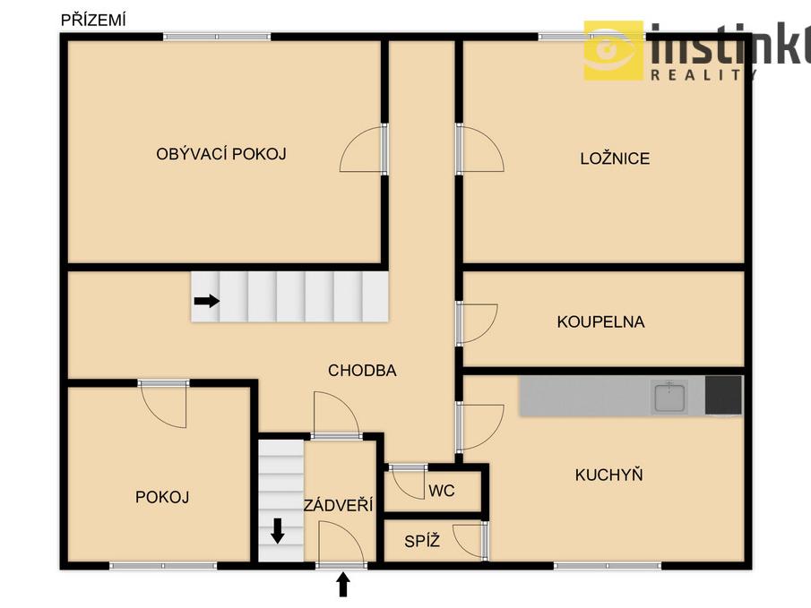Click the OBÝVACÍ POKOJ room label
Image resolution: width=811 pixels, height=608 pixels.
click(x=221, y=153)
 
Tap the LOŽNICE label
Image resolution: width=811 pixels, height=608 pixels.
click(x=615, y=158)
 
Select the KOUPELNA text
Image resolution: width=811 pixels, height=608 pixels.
click(x=601, y=321)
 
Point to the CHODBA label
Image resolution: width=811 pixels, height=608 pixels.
click(x=362, y=370)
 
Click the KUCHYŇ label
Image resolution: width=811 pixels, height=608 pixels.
click(x=608, y=475)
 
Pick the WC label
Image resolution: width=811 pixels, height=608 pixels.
click(x=441, y=490)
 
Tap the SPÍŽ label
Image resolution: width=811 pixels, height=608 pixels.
click(x=422, y=541)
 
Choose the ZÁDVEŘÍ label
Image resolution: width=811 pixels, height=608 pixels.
click(x=338, y=505)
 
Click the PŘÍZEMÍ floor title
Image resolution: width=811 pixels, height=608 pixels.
click(x=93, y=20)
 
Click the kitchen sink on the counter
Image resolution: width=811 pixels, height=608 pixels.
click(x=669, y=397)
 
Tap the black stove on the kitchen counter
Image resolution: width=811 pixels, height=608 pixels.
click(x=723, y=395)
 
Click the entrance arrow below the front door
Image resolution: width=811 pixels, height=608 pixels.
click(x=343, y=584)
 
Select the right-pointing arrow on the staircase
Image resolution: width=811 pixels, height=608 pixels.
click(x=206, y=301)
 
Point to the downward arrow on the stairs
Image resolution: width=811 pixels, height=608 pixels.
click(x=278, y=531)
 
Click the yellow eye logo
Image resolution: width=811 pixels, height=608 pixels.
click(x=614, y=51)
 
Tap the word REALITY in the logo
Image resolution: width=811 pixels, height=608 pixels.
click(x=703, y=75)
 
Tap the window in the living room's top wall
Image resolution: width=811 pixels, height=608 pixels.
click(x=217, y=37)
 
